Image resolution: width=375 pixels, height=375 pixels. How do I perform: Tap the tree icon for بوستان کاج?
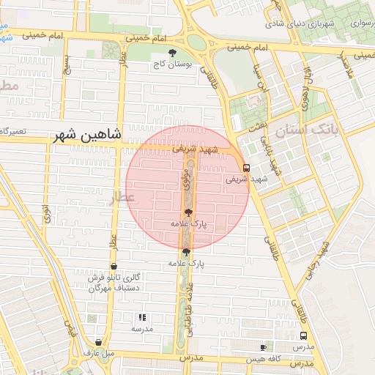pyautogui.click(x=172, y=53)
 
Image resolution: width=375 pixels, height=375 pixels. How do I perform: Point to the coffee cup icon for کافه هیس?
pyautogui.click(x=264, y=346)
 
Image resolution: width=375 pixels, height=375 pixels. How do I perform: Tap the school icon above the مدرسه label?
pyautogui.click(x=142, y=317)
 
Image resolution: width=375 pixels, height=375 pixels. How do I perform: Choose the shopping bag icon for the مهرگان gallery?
pyautogui.click(x=113, y=267)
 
